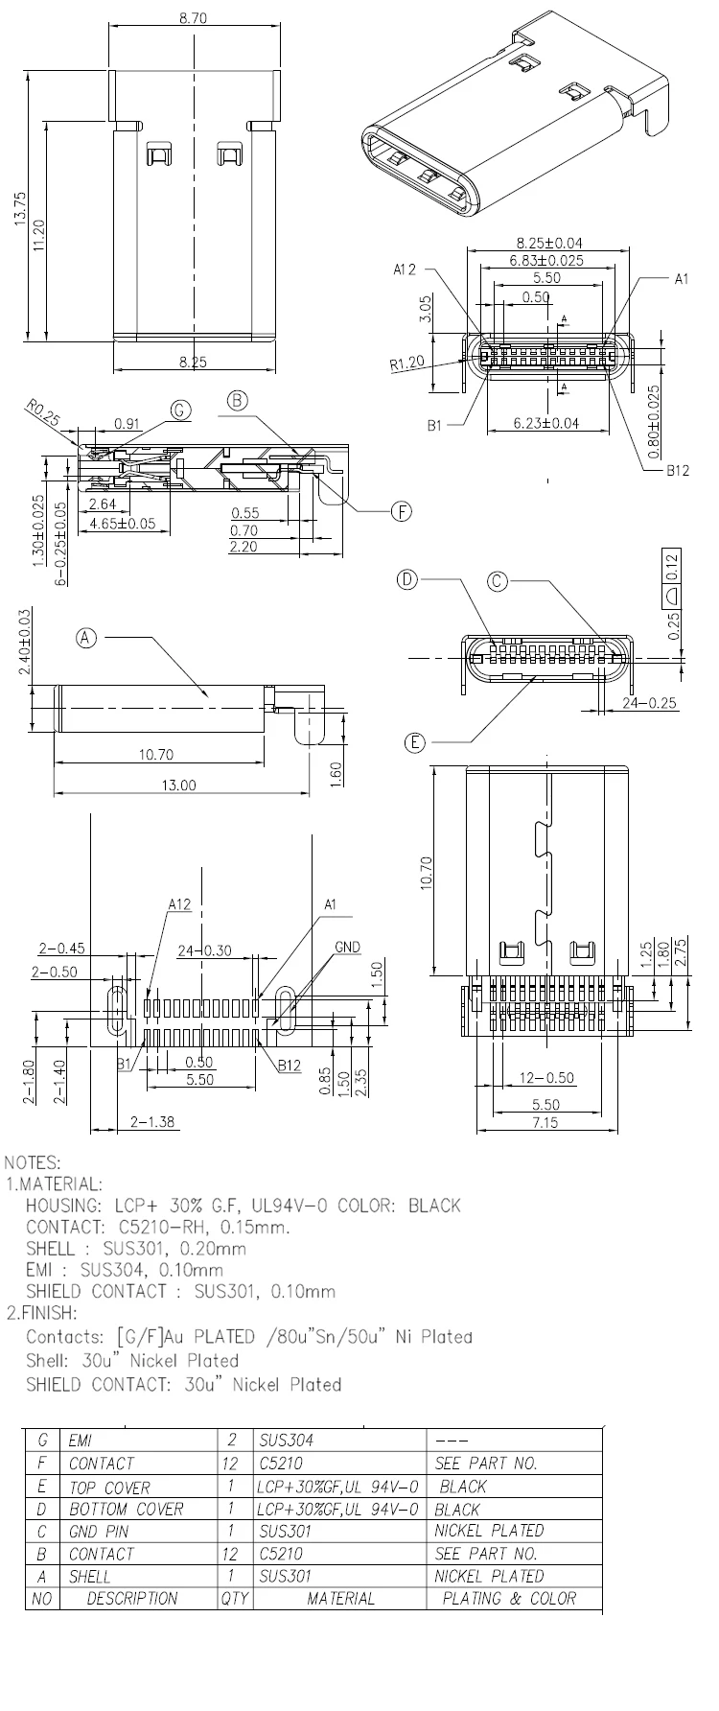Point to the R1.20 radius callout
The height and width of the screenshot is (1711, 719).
407,364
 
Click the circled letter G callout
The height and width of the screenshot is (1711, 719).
180,410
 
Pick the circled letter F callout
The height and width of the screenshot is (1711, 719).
401,512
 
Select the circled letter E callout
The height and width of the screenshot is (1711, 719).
414,741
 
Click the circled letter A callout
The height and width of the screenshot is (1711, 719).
87,637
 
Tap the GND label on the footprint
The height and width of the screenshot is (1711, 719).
347,948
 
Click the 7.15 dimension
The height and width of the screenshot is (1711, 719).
544,1123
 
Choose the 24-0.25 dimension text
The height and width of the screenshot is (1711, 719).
650,703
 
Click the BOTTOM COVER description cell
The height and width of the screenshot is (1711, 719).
126,1509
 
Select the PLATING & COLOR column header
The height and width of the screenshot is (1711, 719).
509,1599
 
